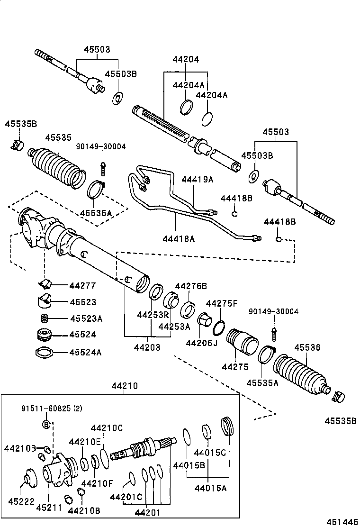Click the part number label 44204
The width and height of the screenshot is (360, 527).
pyautogui.click(x=185, y=60)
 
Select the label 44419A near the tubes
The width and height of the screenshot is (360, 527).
pyautogui.click(x=198, y=180)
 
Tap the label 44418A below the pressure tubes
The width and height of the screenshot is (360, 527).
pyautogui.click(x=179, y=239)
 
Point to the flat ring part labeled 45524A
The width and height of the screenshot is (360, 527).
pyautogui.click(x=44, y=353)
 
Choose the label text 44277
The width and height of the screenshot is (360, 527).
pyautogui.click(x=82, y=285)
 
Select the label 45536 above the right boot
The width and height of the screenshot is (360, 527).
pyautogui.click(x=307, y=348)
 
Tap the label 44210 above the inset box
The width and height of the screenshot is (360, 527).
pyautogui.click(x=125, y=386)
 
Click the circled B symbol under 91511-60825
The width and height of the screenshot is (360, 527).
pyautogui.click(x=46, y=424)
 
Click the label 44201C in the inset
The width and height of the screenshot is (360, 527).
pyautogui.click(x=126, y=497)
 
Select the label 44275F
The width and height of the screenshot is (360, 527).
pyautogui.click(x=222, y=303)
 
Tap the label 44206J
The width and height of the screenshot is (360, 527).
pyautogui.click(x=201, y=342)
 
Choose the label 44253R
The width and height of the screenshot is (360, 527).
pyautogui.click(x=153, y=315)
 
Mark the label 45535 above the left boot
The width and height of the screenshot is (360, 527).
pyautogui.click(x=58, y=137)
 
